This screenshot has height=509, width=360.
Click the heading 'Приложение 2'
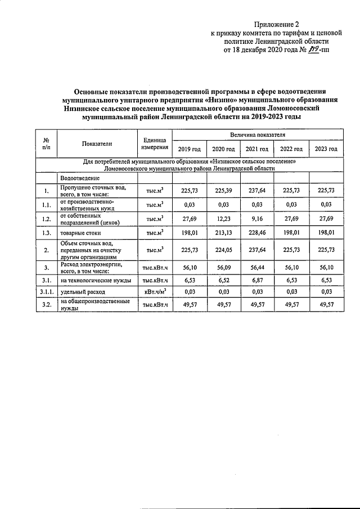tap(276, 24)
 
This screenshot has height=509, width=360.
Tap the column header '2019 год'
tap(189, 148)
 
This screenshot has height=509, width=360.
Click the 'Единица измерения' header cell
tap(154, 143)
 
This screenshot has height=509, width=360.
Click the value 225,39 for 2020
tap(223, 191)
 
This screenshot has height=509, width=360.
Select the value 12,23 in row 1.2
tap(223, 218)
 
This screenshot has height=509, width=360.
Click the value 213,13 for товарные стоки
tap(223, 231)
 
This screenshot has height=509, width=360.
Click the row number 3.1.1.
tap(47, 292)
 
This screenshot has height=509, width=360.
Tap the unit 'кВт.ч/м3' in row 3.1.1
tap(154, 292)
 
